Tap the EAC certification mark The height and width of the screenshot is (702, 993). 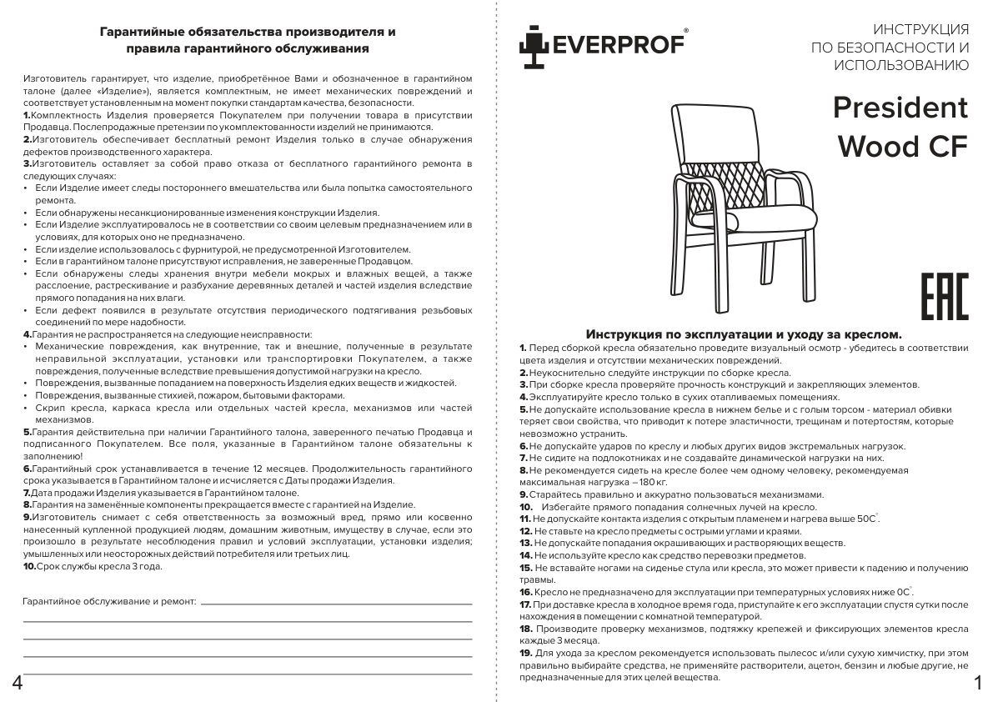(x=944, y=296)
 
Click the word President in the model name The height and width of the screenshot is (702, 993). (x=900, y=108)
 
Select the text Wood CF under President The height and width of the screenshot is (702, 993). (x=902, y=146)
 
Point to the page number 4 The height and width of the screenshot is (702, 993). (x=18, y=684)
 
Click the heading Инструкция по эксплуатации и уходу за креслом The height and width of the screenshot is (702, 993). (x=744, y=333)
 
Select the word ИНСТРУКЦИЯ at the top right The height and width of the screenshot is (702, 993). (x=920, y=28)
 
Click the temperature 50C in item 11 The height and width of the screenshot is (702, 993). (x=864, y=519)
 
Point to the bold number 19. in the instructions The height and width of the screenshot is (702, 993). (x=526, y=652)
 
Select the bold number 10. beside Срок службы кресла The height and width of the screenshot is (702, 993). (x=29, y=566)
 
